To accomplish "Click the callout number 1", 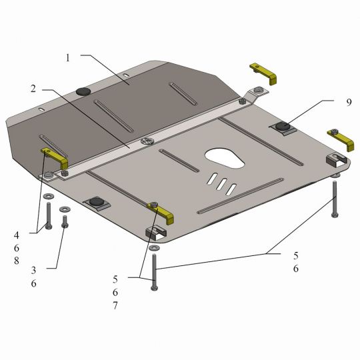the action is tap(67, 58).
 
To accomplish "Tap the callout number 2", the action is tap(33, 89).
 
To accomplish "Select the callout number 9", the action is tap(349, 102).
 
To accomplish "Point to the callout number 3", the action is tap(33, 270).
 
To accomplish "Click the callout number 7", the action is tap(115, 305).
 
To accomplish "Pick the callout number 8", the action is tap(16, 261).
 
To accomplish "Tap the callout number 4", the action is tap(16, 235).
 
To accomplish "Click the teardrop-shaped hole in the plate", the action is tap(225, 158).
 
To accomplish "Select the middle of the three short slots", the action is tap(222, 184).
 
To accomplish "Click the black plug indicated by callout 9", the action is tap(282, 126).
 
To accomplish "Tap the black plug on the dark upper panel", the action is tap(83, 91).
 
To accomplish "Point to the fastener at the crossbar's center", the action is tap(147, 141).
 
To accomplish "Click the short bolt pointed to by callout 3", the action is tap(65, 222).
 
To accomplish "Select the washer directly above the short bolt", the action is tap(65, 209).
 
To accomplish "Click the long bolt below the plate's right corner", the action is tap(335, 199).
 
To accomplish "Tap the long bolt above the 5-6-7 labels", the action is tap(154, 272).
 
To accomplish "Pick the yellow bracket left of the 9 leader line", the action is tap(264, 74).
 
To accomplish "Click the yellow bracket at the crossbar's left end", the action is tap(55, 158).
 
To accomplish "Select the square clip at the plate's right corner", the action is tap(337, 160).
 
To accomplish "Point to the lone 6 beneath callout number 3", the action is tap(33, 283).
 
